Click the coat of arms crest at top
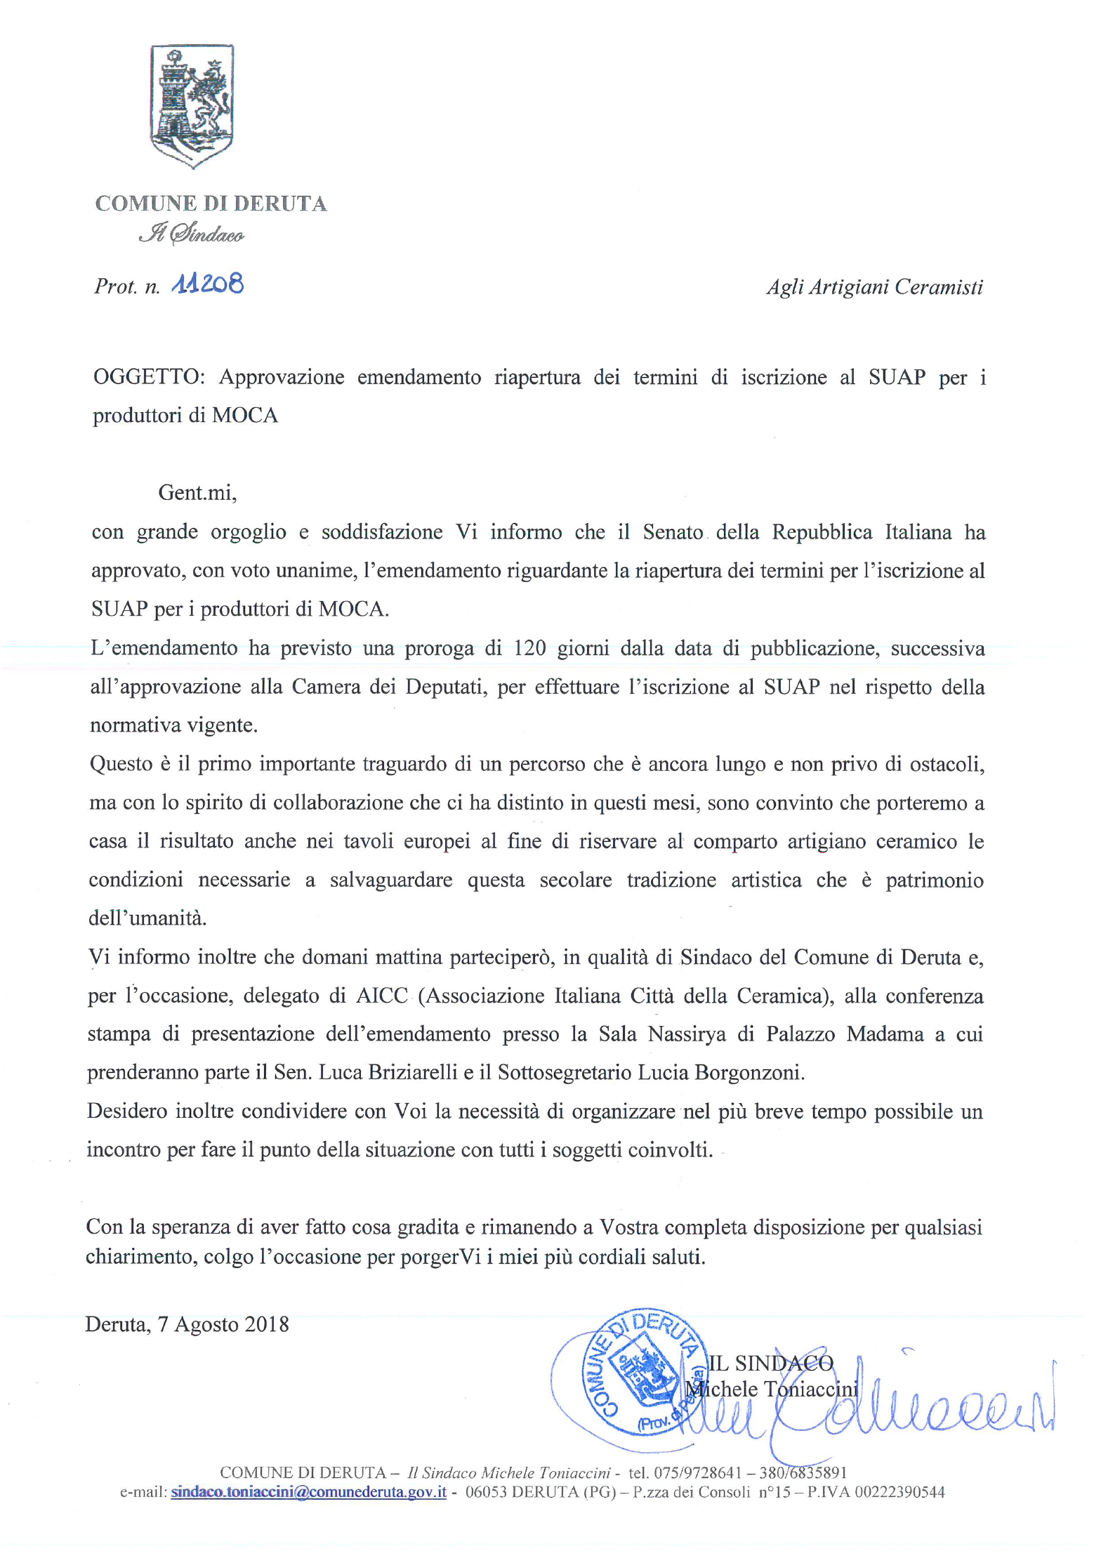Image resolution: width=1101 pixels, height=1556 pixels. coord(192,105)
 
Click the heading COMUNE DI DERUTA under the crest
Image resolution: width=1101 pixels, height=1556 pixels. coord(211,204)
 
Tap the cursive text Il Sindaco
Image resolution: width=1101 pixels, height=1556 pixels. coord(192,234)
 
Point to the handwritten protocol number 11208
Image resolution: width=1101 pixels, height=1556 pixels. coord(208,284)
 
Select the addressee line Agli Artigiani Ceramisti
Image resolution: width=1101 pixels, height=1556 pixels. coord(874,287)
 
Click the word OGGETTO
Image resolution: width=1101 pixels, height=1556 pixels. coord(147,378)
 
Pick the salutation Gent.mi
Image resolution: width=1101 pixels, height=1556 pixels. coord(197,492)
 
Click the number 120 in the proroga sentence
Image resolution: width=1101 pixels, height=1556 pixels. coord(530,648)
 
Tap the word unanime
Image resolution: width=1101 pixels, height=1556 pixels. coord(315,570)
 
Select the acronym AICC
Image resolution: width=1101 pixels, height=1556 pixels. coord(381,996)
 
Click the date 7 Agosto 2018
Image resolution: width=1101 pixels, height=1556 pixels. coord(223,1324)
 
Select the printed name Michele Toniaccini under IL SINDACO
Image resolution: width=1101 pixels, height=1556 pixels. coord(772,1389)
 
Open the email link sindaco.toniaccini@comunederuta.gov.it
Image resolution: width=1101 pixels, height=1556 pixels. coord(309,1492)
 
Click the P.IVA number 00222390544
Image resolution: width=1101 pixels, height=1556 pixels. coord(899,1492)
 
